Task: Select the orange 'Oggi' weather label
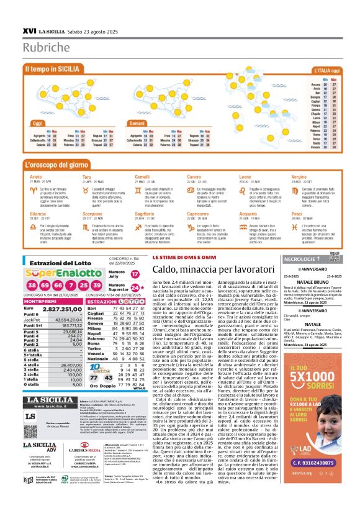37,123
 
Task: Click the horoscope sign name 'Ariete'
37,176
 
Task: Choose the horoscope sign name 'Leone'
245,176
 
